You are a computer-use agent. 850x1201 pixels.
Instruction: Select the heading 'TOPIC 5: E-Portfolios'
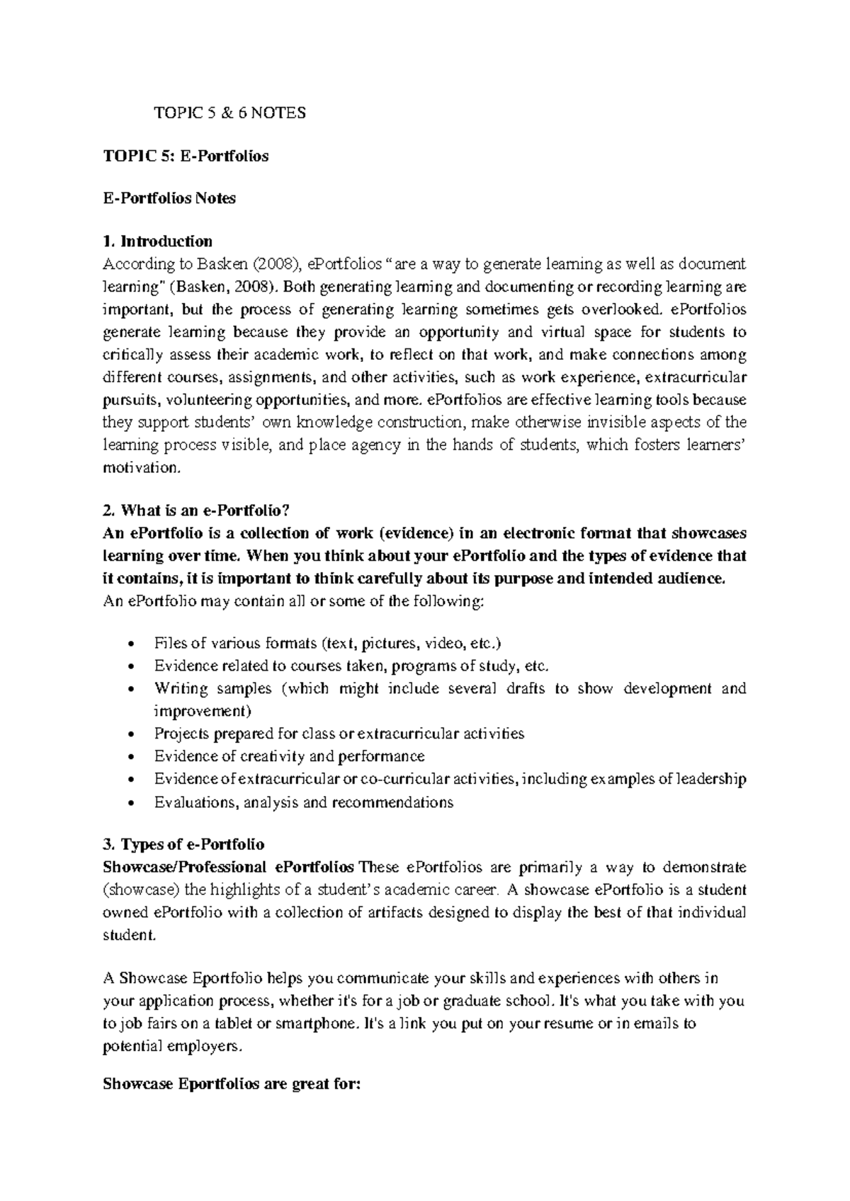(x=186, y=156)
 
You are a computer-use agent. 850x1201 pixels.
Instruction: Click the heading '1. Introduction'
(x=157, y=241)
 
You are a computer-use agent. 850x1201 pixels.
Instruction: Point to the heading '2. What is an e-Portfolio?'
(x=197, y=510)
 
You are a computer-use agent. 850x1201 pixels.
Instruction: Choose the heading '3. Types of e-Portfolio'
(x=183, y=844)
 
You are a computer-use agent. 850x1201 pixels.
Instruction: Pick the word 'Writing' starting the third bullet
(x=181, y=688)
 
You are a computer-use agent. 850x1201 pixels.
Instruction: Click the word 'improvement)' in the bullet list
(x=202, y=710)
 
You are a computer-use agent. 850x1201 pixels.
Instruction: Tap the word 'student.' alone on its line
(x=127, y=935)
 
